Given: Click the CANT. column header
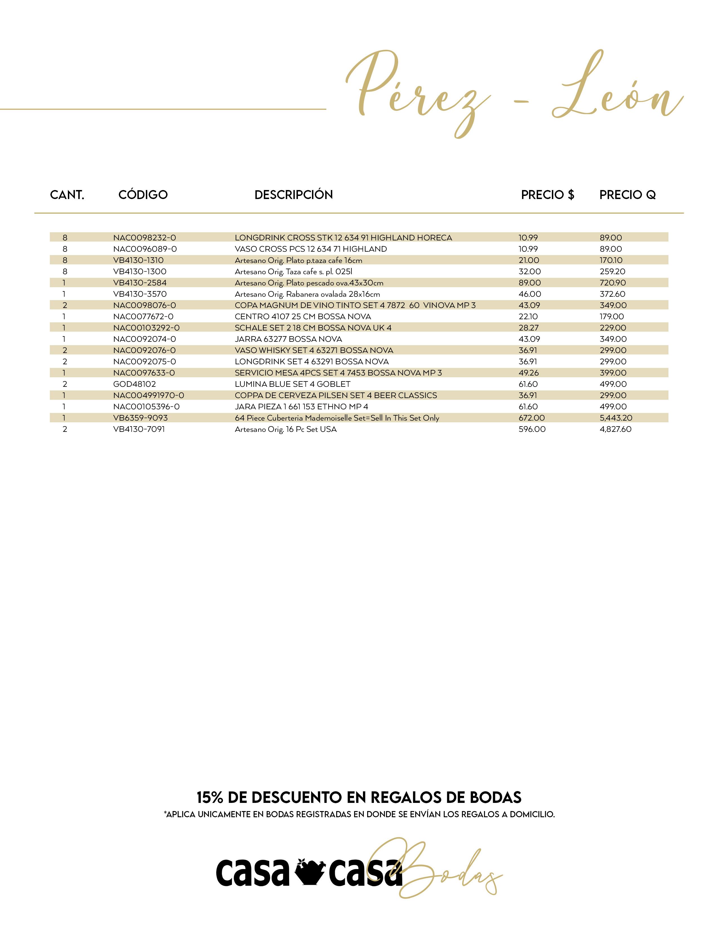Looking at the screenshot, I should pyautogui.click(x=67, y=195).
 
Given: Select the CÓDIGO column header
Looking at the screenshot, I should pyautogui.click(x=143, y=195).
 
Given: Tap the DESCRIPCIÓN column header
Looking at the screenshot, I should pyautogui.click(x=293, y=195).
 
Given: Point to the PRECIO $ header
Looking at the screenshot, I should pyautogui.click(x=547, y=195).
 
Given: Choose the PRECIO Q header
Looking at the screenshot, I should pyautogui.click(x=627, y=195).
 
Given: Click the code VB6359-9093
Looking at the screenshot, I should pyautogui.click(x=141, y=418).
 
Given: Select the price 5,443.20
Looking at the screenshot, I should pyautogui.click(x=616, y=418).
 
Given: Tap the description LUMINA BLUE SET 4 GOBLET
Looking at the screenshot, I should pyautogui.click(x=293, y=384).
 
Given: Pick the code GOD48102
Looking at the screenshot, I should pyautogui.click(x=134, y=384).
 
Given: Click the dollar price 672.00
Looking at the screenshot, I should pyautogui.click(x=532, y=418).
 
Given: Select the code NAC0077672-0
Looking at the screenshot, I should pyautogui.click(x=143, y=316).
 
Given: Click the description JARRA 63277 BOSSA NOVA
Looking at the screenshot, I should pyautogui.click(x=288, y=339).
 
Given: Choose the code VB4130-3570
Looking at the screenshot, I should pyautogui.click(x=140, y=294).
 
